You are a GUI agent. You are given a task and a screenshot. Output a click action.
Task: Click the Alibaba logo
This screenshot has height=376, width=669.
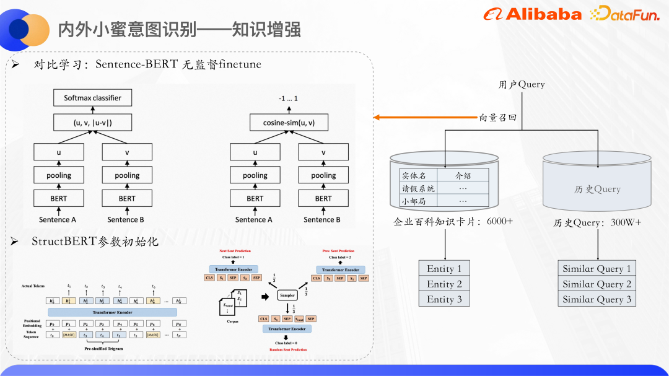tap(532, 14)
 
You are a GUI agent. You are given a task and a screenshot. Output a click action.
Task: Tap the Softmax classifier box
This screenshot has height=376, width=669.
tap(93, 98)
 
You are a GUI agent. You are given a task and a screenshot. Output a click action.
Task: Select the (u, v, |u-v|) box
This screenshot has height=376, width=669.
tap(93, 123)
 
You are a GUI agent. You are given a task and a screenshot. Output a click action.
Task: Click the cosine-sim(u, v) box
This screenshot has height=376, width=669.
tap(289, 123)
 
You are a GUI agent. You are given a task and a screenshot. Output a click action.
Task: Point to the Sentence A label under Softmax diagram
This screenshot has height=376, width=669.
tap(58, 219)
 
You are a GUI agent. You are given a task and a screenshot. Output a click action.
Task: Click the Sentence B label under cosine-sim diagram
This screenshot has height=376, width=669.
tap(321, 219)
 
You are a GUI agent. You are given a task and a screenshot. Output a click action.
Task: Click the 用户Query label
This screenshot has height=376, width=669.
tap(522, 84)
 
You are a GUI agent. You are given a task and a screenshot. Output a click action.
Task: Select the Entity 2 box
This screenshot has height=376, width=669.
tap(445, 284)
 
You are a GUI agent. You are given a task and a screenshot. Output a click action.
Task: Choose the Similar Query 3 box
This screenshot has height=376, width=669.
tap(597, 300)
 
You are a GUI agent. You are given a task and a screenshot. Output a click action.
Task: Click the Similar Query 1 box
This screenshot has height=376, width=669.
tap(597, 269)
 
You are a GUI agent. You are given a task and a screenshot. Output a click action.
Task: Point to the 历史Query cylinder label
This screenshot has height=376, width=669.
tap(597, 189)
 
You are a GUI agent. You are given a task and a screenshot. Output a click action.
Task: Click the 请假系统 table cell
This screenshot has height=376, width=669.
tap(418, 188)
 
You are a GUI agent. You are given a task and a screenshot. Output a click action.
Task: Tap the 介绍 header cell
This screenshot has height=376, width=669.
tap(463, 176)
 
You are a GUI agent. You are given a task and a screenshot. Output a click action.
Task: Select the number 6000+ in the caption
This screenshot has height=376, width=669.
tap(500, 221)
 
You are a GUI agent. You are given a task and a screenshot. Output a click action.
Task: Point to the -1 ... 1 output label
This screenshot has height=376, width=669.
tap(289, 98)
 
